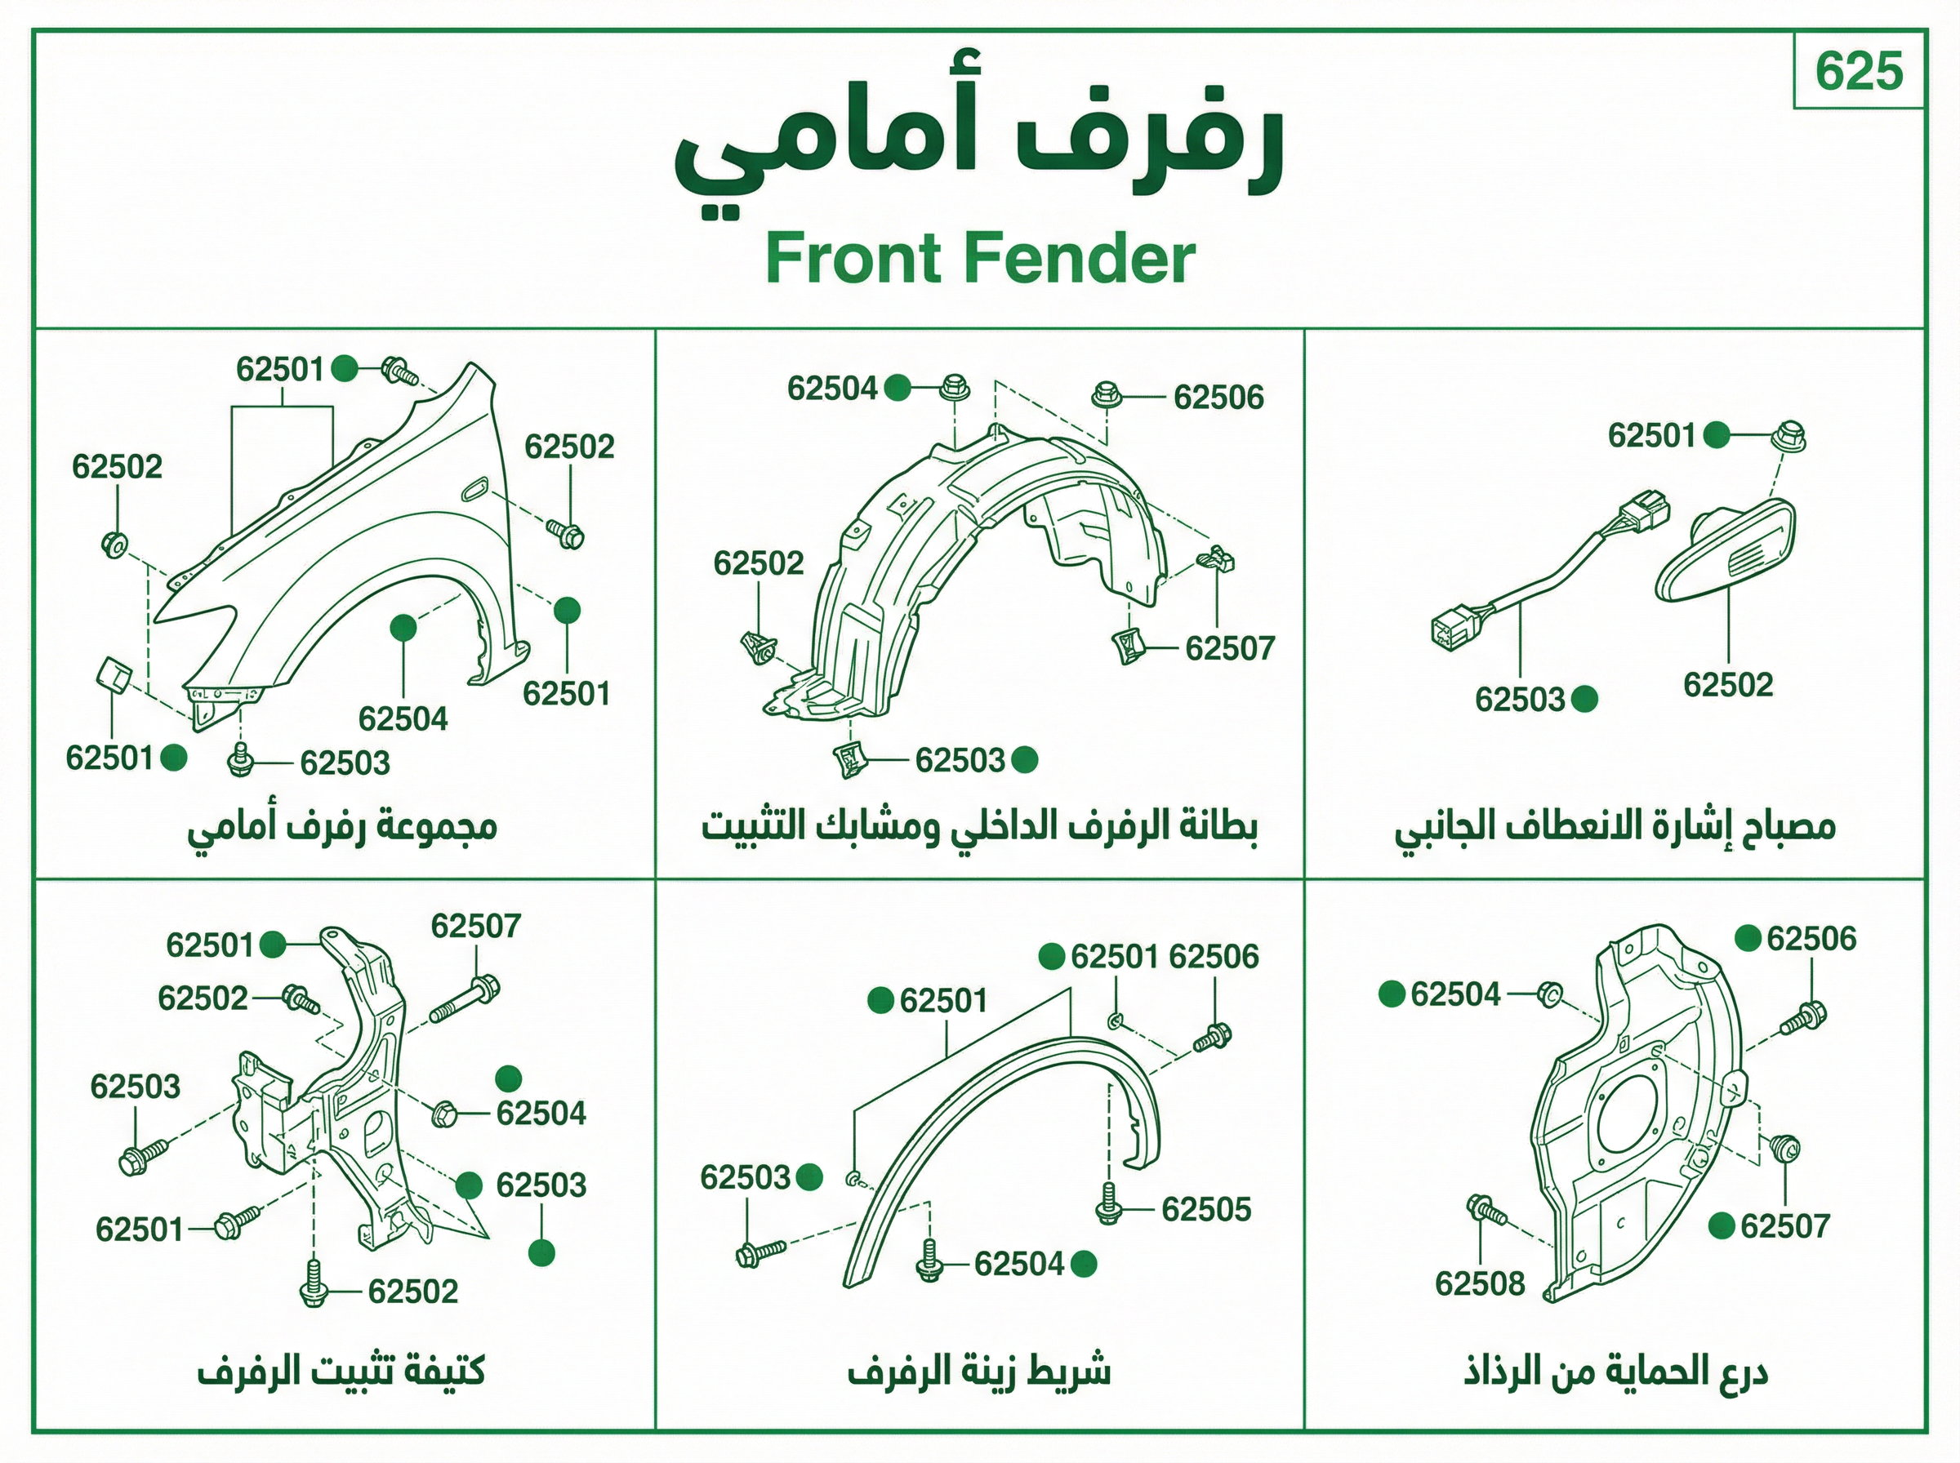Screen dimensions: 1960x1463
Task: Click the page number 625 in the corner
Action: click(1858, 72)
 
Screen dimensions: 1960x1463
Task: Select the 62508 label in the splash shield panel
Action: click(1480, 1283)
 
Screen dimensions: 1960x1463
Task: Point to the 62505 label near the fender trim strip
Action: click(1206, 1209)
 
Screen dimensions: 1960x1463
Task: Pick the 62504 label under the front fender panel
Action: click(403, 718)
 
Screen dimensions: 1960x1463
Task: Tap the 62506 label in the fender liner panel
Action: click(1218, 398)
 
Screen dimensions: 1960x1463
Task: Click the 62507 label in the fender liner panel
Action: click(1230, 648)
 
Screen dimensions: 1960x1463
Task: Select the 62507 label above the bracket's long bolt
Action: click(475, 927)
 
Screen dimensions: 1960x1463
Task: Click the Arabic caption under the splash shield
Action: click(1615, 1372)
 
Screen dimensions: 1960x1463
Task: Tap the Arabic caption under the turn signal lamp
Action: click(1615, 827)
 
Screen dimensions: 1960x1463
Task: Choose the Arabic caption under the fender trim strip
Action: click(978, 1372)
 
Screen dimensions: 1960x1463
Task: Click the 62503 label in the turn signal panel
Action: click(1520, 700)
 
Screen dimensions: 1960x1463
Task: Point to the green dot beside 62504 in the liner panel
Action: click(898, 388)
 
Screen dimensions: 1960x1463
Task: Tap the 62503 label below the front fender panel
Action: click(345, 763)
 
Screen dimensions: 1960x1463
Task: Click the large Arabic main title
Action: click(978, 157)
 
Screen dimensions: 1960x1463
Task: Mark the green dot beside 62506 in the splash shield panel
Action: click(1748, 939)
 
